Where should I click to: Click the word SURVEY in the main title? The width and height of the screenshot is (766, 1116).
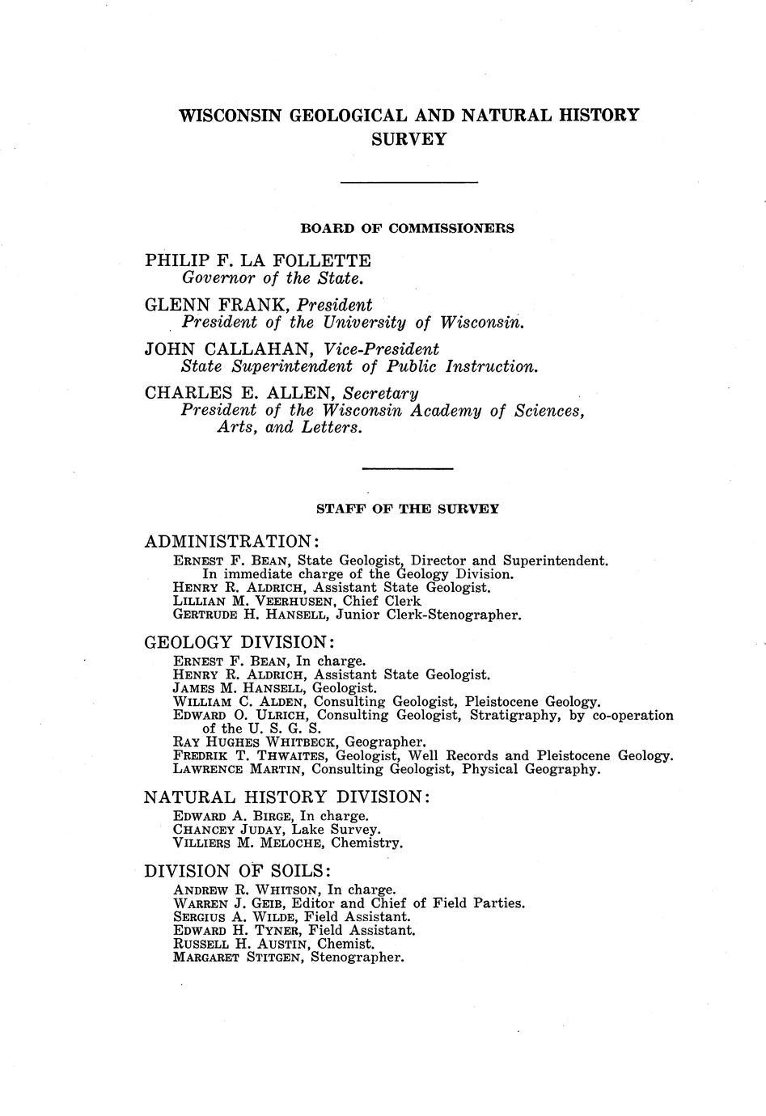408,139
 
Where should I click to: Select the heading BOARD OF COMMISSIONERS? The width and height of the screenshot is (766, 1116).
407,228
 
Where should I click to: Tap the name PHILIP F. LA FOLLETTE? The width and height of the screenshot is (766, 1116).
258,260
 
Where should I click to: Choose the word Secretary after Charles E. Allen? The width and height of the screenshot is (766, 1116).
381,393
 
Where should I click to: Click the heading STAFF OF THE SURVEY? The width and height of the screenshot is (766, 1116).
407,509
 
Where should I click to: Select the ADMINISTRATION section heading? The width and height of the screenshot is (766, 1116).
231,540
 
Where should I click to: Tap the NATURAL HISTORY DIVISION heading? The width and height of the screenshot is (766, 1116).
286,797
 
